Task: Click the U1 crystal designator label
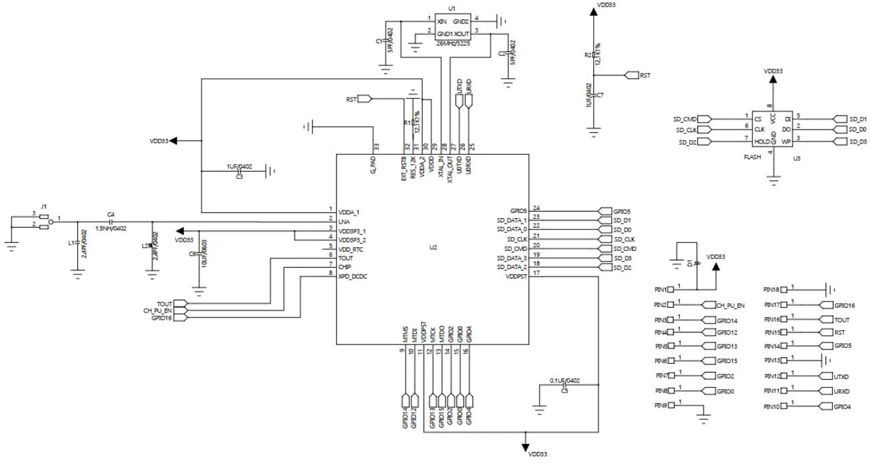(452, 9)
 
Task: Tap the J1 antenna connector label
(44, 207)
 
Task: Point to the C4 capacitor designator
(111, 214)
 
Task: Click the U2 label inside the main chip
(433, 248)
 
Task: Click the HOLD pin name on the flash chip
(761, 142)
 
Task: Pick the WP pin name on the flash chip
(787, 142)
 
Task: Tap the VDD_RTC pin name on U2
(351, 248)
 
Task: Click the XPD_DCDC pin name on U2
(353, 276)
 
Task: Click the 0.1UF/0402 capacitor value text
(565, 381)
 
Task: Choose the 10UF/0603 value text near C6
(204, 254)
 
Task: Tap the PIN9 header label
(661, 405)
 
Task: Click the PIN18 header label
(771, 290)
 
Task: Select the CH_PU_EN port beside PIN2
(729, 305)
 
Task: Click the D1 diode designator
(689, 262)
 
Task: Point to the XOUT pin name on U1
(462, 33)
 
